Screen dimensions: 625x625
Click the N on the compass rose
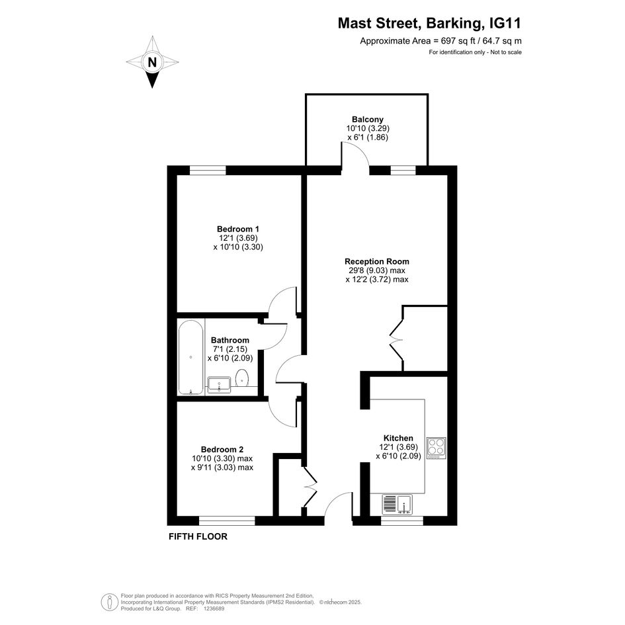[x=152, y=63]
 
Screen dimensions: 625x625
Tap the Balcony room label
[x=368, y=119]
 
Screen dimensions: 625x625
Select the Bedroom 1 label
[x=238, y=229]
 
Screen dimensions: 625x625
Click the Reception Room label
[x=377, y=261]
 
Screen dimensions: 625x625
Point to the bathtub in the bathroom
[x=191, y=358]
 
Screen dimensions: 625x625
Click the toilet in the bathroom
[x=242, y=378]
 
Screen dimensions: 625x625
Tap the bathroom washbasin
[x=219, y=385]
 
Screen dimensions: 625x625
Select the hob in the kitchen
[x=436, y=448]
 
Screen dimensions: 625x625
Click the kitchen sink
[x=397, y=503]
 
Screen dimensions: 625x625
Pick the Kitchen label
[x=398, y=438]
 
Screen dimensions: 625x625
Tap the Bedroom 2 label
[x=222, y=449]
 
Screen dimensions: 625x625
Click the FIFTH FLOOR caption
[x=198, y=536]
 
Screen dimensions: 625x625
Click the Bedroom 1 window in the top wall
[x=208, y=170]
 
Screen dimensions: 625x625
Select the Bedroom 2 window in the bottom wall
[x=227, y=521]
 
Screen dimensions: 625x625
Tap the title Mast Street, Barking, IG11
[x=429, y=23]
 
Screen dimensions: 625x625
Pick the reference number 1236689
[x=215, y=608]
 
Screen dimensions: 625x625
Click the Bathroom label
[x=230, y=340]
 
